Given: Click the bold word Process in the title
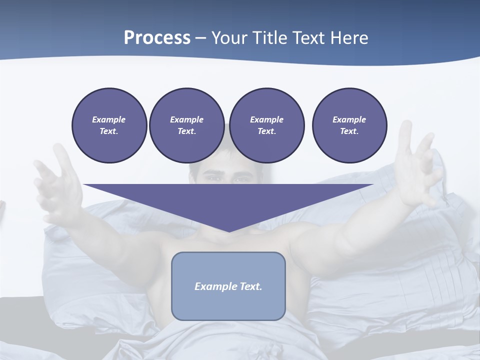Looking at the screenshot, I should tap(157, 38).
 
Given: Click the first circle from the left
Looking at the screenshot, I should tap(109, 125).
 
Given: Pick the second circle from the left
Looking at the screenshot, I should tap(186, 125).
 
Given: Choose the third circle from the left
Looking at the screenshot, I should tap(266, 125).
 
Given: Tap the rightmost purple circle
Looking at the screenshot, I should tap(349, 125).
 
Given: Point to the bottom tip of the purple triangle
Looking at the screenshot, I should tap(228, 231).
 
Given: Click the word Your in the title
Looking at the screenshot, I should tap(229, 38).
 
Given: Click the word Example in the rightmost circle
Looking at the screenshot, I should tap(349, 119).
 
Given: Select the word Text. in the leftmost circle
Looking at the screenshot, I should tap(109, 131).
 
